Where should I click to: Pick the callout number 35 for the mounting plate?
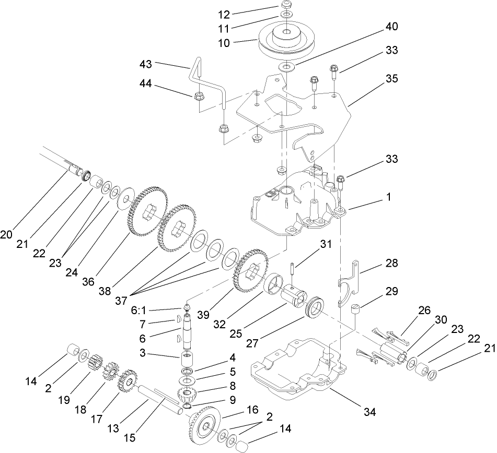click(x=390, y=79)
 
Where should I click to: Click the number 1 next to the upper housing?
click(x=389, y=198)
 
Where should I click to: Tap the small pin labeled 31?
click(x=294, y=269)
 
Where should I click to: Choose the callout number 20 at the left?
click(x=6, y=235)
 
